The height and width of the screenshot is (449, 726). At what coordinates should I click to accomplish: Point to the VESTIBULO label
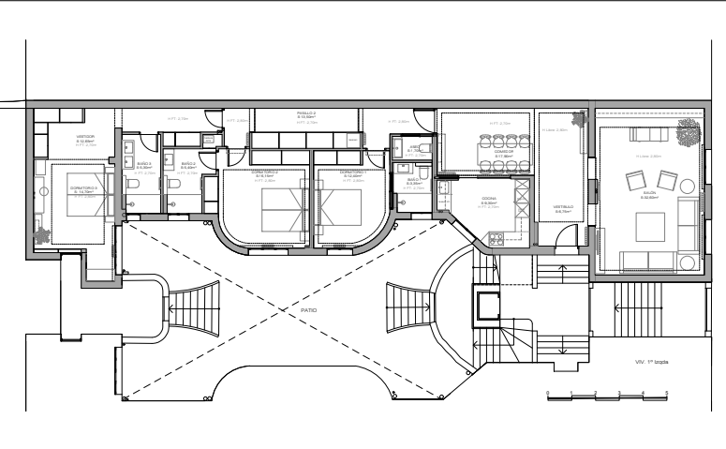(x=563, y=209)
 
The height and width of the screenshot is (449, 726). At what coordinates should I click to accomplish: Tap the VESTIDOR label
(x=86, y=137)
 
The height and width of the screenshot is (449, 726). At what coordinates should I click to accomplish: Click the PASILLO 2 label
(x=307, y=112)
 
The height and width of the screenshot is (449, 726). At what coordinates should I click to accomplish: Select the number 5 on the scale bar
(x=666, y=391)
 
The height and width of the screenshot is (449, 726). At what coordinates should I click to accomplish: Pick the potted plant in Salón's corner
(x=690, y=130)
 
